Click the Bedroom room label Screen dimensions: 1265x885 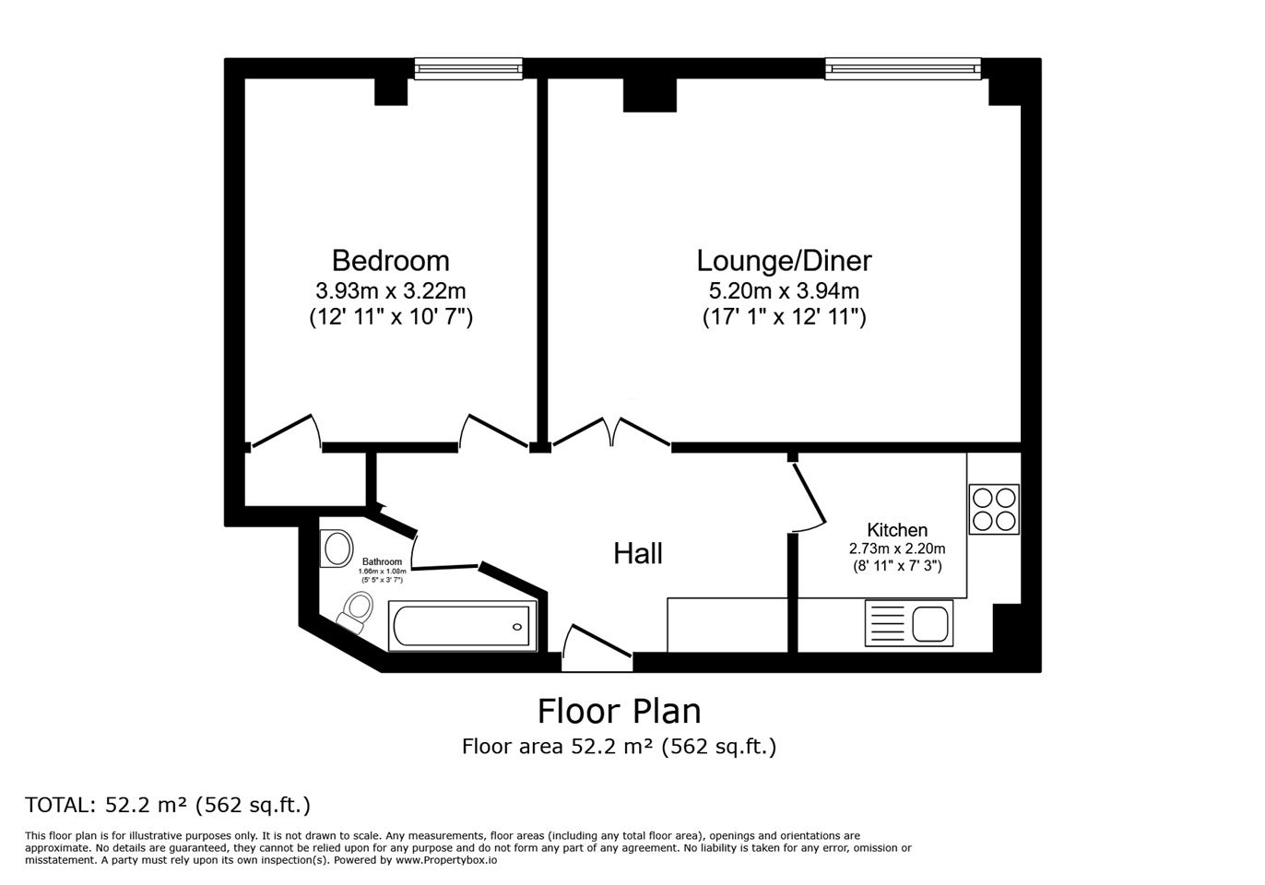coord(390,261)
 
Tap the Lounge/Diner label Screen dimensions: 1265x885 coord(784,261)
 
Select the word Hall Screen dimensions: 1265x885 coord(638,553)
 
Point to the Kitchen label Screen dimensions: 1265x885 coord(897,530)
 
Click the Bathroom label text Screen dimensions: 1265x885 coord(383,561)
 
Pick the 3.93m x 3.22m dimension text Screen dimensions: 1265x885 coord(390,291)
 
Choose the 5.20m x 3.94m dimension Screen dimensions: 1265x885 coord(784,291)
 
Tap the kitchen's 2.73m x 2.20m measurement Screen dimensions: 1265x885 coord(897,549)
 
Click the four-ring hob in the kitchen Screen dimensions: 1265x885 coord(994,509)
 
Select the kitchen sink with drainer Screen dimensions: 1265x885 coord(909,623)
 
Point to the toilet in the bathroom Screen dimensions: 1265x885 coord(356,610)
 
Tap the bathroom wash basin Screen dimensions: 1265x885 coord(336,548)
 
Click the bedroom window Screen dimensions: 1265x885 coord(468,69)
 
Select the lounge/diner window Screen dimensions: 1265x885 coord(903,69)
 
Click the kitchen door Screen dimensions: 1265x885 coord(808,491)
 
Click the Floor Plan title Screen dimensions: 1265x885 coord(619,711)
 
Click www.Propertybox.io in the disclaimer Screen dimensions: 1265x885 coord(446,860)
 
